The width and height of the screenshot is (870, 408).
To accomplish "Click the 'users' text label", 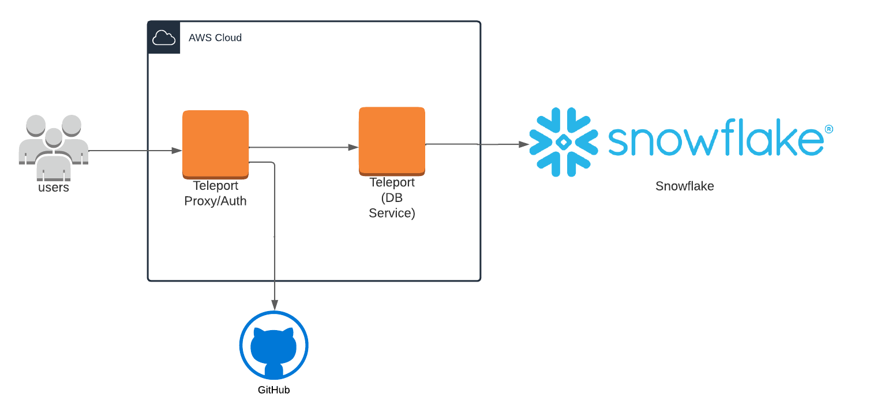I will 54,188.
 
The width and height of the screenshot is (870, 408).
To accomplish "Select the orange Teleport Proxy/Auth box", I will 215,143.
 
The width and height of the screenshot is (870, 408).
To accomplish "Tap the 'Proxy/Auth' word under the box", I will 215,201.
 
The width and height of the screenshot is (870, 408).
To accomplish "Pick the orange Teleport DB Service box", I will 392,140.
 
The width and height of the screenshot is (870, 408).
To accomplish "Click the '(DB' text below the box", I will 392,198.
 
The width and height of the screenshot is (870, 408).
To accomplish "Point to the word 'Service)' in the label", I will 392,213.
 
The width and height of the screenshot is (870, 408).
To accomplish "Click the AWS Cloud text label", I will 215,38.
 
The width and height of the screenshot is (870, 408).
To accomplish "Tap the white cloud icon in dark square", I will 164,38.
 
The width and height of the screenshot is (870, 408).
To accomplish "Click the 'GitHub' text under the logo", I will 273,390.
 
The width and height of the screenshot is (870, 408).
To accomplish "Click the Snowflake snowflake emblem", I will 563,142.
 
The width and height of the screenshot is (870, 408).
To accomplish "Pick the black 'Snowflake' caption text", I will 684,186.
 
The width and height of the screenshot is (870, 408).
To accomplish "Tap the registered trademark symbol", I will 828,129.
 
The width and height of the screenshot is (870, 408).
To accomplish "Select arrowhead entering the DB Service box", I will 354,147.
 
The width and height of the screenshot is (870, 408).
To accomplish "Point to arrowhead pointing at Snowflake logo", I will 524,144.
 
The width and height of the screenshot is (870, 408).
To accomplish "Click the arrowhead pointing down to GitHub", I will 275,305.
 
